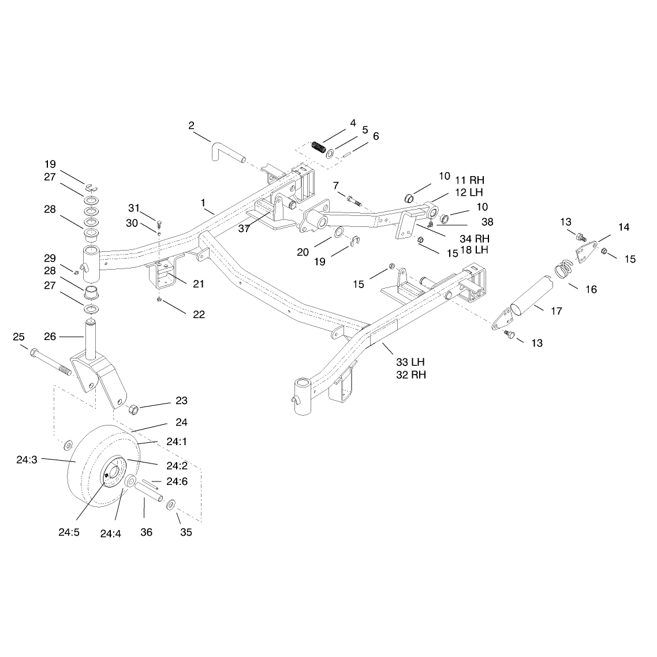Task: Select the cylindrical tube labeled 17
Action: (x=531, y=296)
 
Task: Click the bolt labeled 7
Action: (x=354, y=200)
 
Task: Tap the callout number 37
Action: (x=244, y=229)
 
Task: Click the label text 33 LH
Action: (x=410, y=362)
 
